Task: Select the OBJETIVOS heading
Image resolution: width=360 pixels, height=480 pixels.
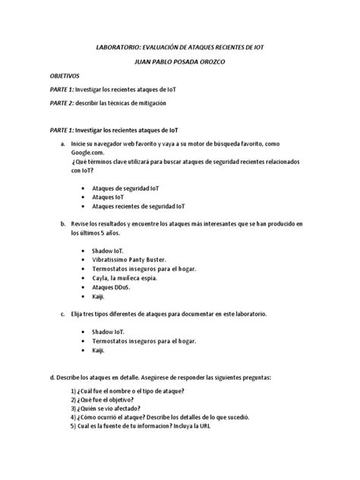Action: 70,77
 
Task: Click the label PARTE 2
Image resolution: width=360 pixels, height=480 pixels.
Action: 65,102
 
